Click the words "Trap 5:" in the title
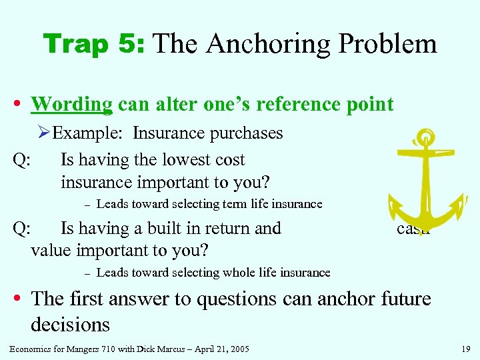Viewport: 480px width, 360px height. click(x=95, y=44)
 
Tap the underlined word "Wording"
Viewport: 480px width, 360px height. click(x=72, y=105)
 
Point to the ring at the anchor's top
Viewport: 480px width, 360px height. click(x=423, y=138)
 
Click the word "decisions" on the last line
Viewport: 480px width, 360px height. click(x=70, y=325)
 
